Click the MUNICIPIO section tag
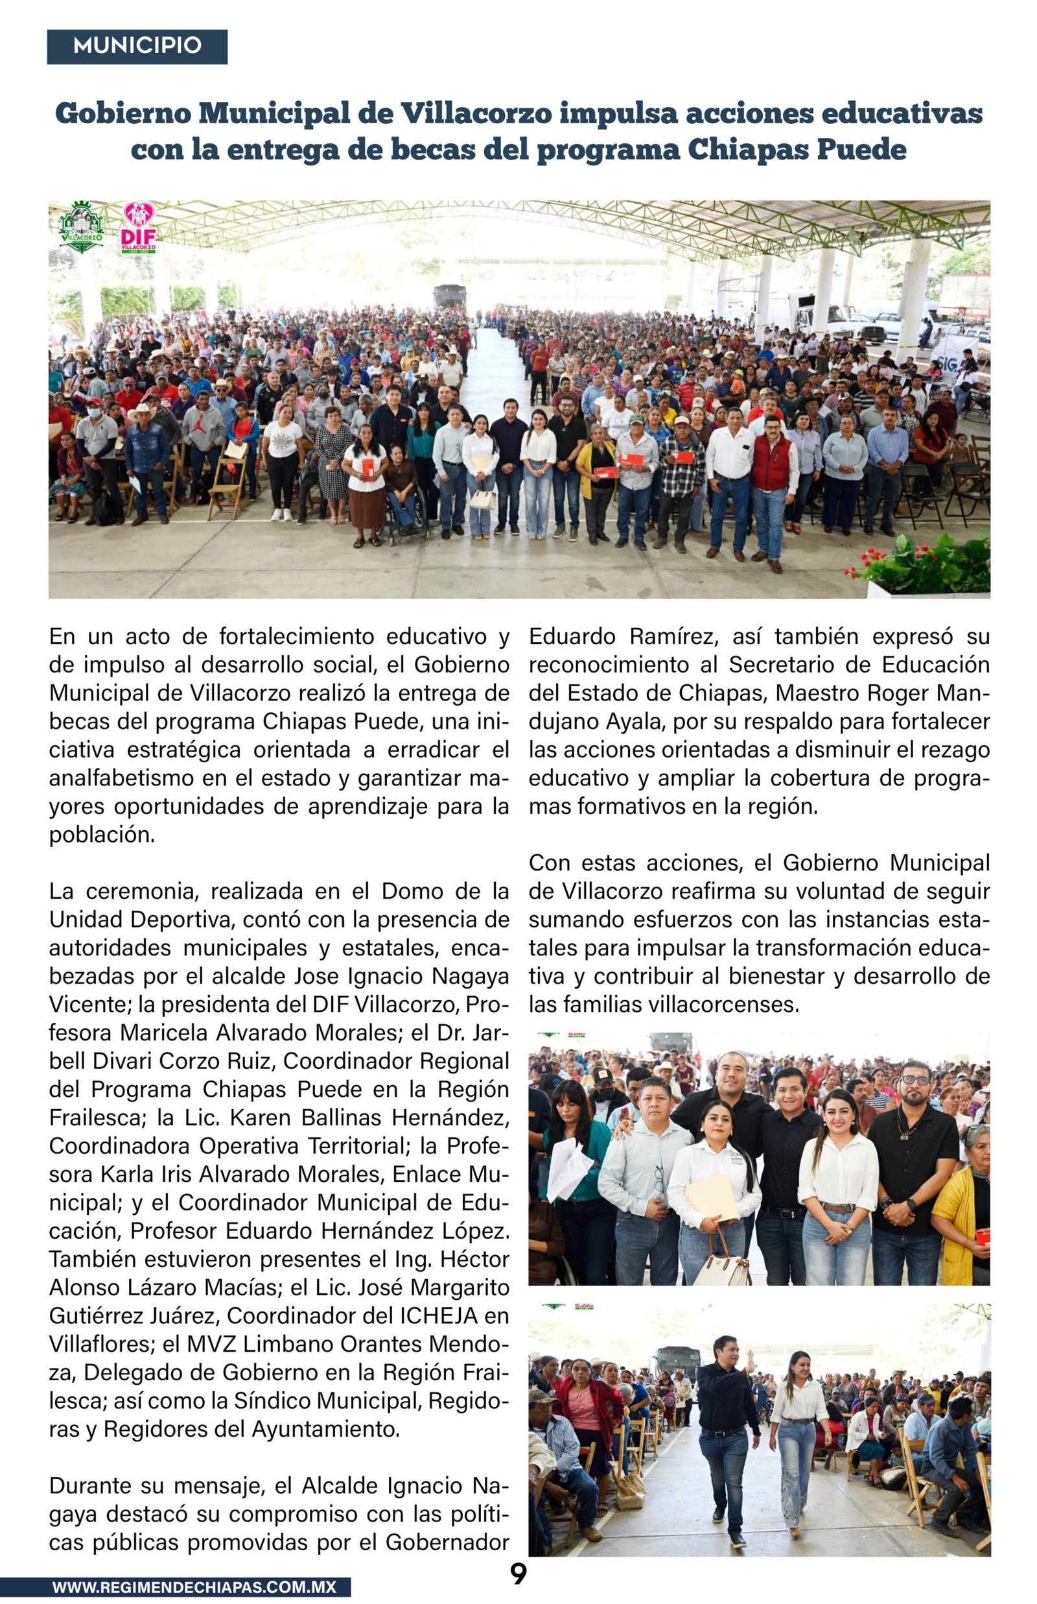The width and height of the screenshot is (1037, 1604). tap(137, 46)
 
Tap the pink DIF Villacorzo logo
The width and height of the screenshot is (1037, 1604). tap(139, 228)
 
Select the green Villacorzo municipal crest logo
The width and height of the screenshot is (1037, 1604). tap(82, 227)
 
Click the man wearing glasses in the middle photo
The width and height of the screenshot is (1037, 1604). tap(913, 1158)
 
